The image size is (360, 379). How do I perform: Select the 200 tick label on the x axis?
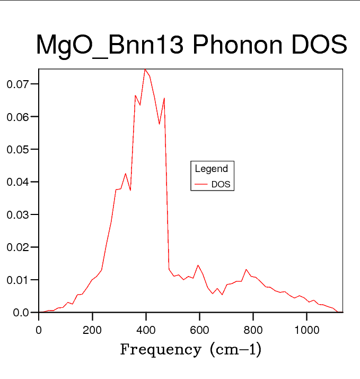(92, 330)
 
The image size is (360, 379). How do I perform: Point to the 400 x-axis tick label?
(146, 330)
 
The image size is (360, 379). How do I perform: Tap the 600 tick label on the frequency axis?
(199, 330)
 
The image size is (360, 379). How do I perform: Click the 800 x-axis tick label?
(253, 330)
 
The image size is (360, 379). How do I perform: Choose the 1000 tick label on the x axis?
(306, 330)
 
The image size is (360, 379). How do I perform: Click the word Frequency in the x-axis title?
(161, 350)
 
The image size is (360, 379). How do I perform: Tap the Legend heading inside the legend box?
(212, 169)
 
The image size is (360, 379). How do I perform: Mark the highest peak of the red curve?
(145, 69)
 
